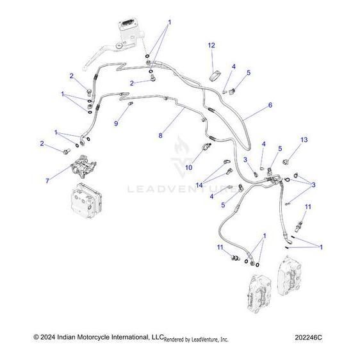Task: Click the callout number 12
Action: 211,45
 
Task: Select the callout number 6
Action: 270,105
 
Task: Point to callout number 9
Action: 117,122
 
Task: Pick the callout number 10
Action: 188,168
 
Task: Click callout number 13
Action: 304,140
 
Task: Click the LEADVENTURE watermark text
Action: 179,190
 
